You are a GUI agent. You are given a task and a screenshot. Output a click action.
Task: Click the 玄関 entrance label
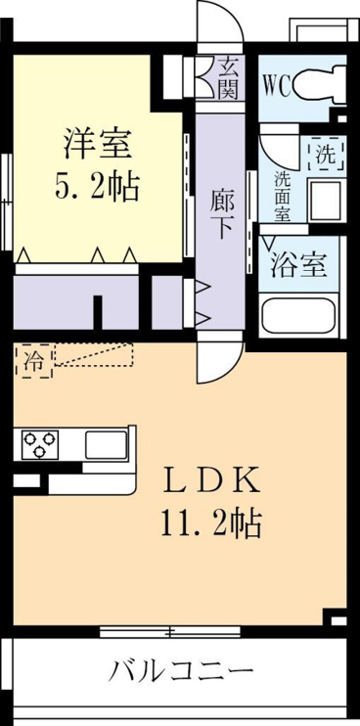pos(228,77)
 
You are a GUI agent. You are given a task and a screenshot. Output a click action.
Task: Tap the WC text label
pos(277,85)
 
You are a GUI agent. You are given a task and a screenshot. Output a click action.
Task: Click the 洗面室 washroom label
pos(282,197)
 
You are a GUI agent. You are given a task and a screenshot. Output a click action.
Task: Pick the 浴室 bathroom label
pos(298,265)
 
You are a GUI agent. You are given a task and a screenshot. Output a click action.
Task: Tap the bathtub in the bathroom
pos(298,315)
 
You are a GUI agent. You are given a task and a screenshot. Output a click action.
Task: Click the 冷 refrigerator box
pos(33,361)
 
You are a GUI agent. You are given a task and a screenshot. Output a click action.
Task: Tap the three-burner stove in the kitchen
pos(39,443)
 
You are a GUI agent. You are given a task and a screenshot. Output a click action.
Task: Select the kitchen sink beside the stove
pos(107,444)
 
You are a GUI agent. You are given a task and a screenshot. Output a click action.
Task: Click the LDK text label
pos(211,482)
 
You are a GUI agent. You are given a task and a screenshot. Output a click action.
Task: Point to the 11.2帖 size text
pos(212,524)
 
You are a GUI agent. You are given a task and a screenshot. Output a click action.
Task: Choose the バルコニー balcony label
pos(181,670)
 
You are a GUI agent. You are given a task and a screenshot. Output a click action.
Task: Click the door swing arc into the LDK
pos(227,374)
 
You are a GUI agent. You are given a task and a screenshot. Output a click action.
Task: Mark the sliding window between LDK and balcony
pos(170,631)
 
